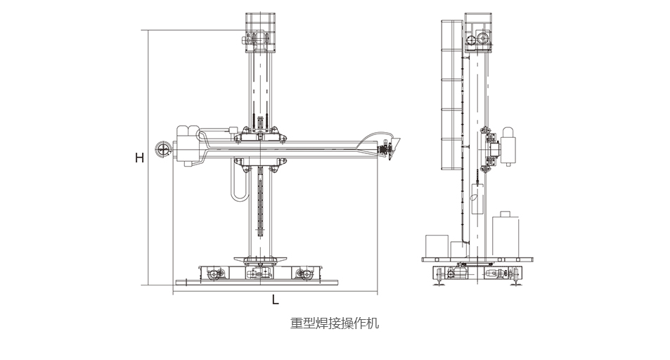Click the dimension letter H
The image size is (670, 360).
click(x=140, y=158)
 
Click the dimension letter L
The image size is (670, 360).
click(x=276, y=300)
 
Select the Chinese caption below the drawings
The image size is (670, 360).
click(x=335, y=324)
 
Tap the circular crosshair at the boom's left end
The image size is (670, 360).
click(x=164, y=149)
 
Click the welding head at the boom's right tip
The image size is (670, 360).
click(x=387, y=148)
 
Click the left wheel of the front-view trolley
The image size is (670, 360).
click(x=213, y=272)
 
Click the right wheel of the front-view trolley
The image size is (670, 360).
click(x=303, y=272)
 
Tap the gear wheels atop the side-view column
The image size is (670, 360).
click(x=482, y=39)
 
